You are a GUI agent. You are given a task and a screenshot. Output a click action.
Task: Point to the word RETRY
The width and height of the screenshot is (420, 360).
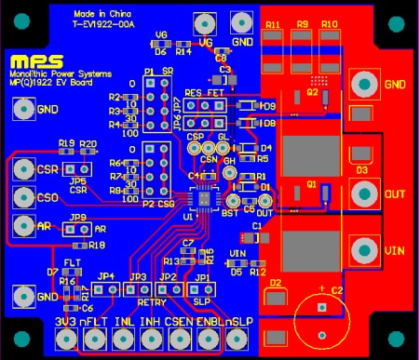[x=151, y=300]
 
